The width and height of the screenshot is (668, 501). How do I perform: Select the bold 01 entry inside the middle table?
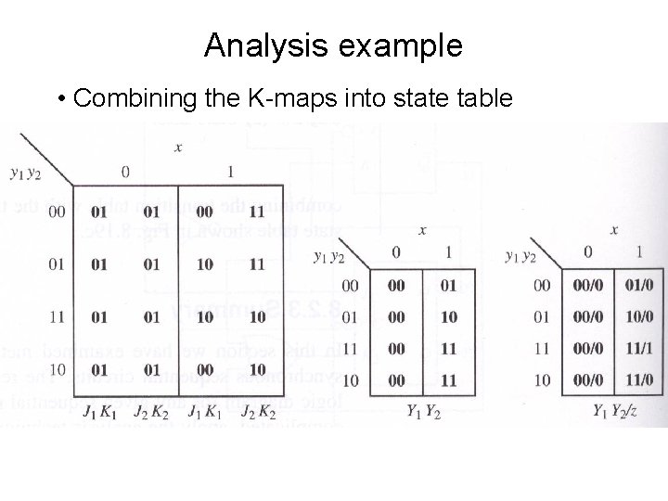click(x=449, y=285)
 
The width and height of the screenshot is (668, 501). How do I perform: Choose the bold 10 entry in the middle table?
click(x=449, y=317)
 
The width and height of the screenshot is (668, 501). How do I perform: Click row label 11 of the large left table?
click(x=57, y=317)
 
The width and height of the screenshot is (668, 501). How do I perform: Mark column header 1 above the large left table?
click(x=230, y=172)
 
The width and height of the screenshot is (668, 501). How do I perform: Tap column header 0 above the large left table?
click(x=125, y=172)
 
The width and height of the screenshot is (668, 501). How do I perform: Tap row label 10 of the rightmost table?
click(x=542, y=381)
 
